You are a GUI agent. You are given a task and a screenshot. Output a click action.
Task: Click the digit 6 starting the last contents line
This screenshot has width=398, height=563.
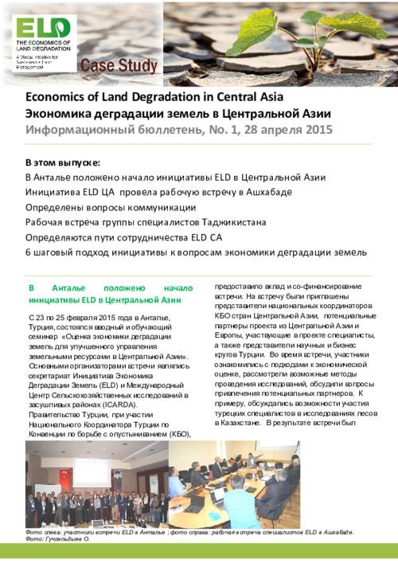(29, 252)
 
